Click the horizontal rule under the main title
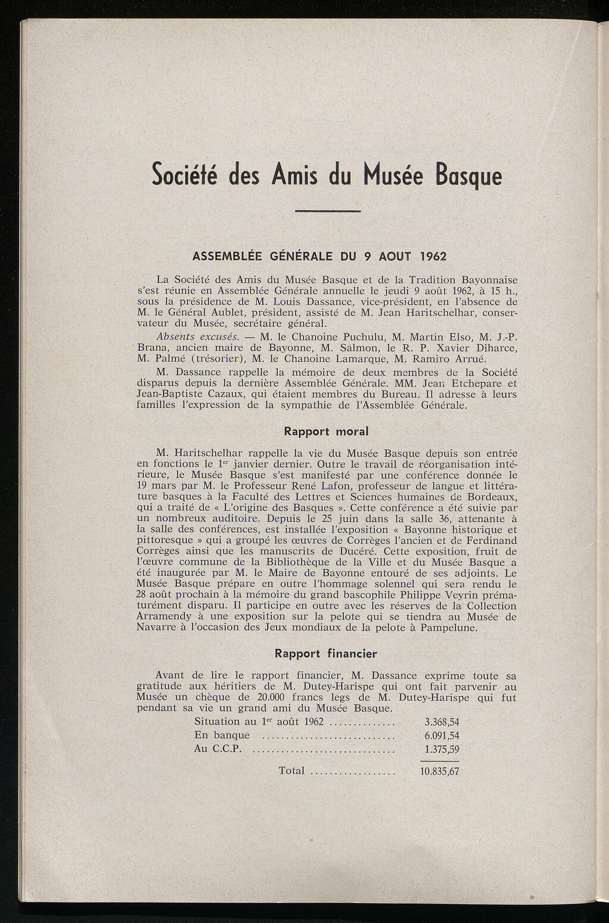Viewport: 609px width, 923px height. tap(328, 211)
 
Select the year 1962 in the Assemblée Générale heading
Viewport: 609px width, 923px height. tap(429, 257)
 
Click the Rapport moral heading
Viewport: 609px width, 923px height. tap(326, 431)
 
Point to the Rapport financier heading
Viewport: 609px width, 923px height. tap(326, 654)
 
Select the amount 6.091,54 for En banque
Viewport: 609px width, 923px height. tap(441, 736)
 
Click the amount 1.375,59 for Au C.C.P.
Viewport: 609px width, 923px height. tap(441, 749)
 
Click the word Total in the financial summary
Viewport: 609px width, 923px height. tap(291, 771)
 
